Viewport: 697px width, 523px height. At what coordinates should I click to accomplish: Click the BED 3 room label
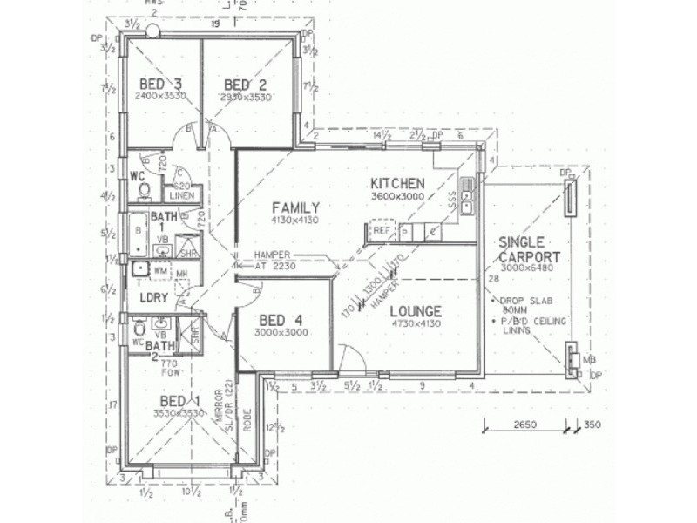point(160,85)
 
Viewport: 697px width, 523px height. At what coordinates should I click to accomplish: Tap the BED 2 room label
point(245,85)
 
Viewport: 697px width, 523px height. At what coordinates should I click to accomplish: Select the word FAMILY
point(295,207)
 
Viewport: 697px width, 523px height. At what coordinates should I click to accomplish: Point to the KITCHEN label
point(397,184)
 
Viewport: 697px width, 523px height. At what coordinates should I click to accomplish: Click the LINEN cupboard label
point(181,196)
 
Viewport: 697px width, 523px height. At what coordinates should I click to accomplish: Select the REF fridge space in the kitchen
point(382,231)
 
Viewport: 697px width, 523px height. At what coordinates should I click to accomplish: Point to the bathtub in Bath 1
point(139,236)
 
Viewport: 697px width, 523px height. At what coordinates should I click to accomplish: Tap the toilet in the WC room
point(145,190)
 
